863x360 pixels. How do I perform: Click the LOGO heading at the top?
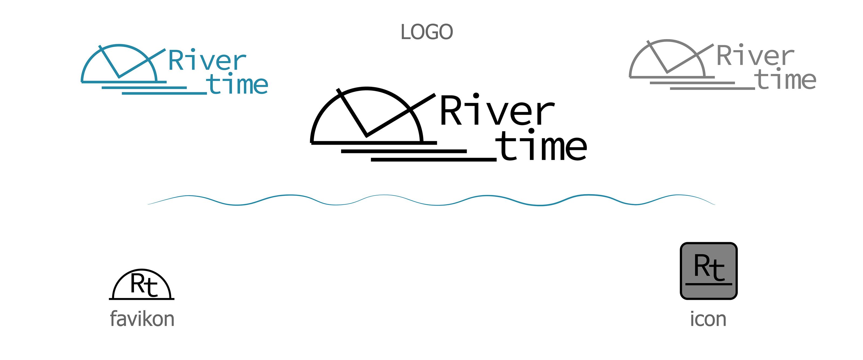tap(427, 32)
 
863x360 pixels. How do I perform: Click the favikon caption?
tap(142, 319)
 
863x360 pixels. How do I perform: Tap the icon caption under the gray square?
tap(708, 319)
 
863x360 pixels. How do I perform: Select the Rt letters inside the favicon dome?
tap(144, 285)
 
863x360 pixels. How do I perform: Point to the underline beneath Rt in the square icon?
tap(708, 284)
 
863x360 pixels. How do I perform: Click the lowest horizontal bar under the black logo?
tap(433, 160)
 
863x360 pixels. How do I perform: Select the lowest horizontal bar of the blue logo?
tap(164, 93)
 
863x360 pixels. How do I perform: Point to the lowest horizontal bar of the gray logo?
tap(712, 88)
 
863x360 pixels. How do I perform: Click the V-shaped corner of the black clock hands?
tap(367, 135)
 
